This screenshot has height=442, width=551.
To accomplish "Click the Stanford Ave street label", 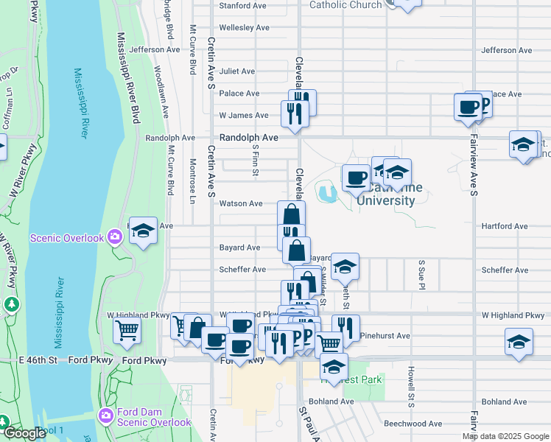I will tap(242, 6).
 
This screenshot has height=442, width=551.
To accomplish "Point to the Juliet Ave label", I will tap(236, 71).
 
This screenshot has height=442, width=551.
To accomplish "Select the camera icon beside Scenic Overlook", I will tap(115, 237).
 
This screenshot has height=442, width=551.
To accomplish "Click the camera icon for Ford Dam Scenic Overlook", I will tap(106, 417).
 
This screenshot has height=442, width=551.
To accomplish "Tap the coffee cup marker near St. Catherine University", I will tap(356, 178).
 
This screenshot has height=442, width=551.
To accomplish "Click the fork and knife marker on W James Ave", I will tap(292, 113).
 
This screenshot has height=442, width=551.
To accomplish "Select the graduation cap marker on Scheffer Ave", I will tap(344, 267).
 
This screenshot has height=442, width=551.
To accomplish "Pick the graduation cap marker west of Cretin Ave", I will tap(143, 231).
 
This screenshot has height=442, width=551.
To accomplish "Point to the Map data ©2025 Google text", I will tap(505, 436).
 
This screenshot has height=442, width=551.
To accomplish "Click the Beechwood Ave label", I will tap(413, 424).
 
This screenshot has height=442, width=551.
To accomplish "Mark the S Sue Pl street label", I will tap(422, 273).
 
